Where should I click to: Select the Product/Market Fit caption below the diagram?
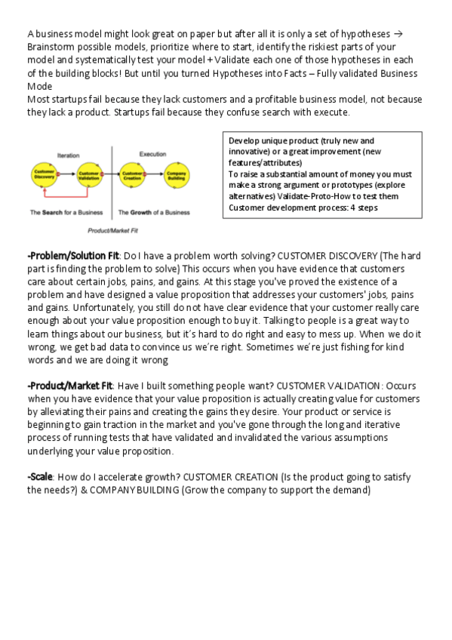pos(111,229)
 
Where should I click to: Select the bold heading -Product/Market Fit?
pos(72,386)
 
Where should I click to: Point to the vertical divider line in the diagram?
pos(112,181)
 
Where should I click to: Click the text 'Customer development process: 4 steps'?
pos(303,208)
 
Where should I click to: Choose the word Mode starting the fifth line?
pos(39,86)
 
